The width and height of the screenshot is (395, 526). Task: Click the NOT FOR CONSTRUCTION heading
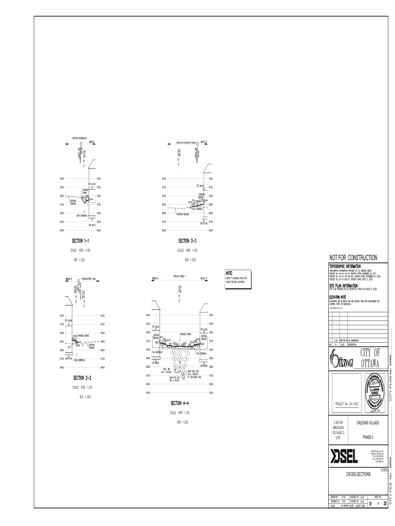click(x=353, y=257)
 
